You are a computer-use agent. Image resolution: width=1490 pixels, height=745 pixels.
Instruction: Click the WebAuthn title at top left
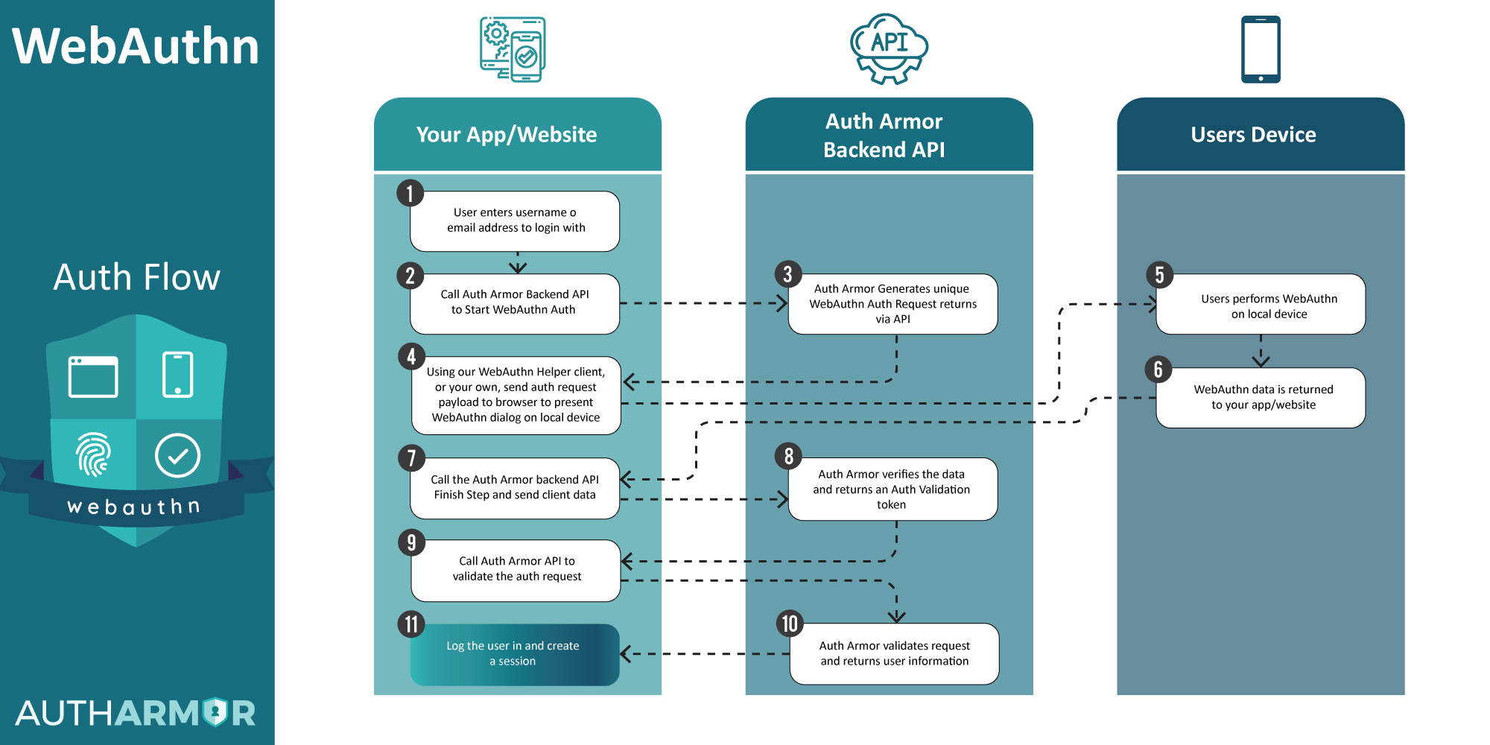click(x=136, y=46)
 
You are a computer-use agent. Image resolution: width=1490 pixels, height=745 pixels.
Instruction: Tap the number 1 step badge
click(x=410, y=194)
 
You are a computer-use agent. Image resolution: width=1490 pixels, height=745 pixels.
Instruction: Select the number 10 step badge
click(x=790, y=624)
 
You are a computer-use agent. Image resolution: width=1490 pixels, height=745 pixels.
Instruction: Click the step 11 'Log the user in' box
click(x=514, y=654)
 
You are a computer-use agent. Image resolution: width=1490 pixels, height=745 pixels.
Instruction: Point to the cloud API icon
click(x=889, y=47)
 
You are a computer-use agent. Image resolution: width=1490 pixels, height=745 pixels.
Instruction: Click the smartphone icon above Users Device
click(x=1260, y=49)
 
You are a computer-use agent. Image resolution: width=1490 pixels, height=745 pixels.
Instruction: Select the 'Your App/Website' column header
click(x=507, y=135)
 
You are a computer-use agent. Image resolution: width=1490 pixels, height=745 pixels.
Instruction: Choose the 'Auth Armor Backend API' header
click(x=884, y=136)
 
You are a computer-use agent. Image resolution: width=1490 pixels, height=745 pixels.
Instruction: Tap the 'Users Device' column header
click(x=1253, y=135)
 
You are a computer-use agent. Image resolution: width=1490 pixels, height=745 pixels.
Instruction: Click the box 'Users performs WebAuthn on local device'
click(x=1268, y=305)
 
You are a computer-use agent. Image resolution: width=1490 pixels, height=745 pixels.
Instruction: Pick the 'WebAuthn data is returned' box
click(x=1263, y=397)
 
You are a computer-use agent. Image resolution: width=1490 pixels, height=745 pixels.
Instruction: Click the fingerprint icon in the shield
click(x=93, y=454)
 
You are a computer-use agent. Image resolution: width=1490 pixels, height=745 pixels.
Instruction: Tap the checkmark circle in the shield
click(x=177, y=455)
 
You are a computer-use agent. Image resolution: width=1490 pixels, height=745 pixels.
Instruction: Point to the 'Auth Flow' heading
click(x=137, y=277)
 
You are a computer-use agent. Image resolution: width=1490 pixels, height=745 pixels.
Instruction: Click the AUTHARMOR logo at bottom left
click(x=136, y=713)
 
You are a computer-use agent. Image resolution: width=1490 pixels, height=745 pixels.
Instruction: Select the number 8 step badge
click(x=788, y=456)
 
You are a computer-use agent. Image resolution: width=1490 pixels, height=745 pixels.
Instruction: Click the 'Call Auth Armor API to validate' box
click(x=516, y=569)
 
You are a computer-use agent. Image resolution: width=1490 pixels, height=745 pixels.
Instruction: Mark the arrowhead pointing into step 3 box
click(x=782, y=303)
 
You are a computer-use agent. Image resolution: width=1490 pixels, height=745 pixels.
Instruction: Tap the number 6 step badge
click(x=1158, y=369)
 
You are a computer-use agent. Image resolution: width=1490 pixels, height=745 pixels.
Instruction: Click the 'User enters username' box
click(x=515, y=221)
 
